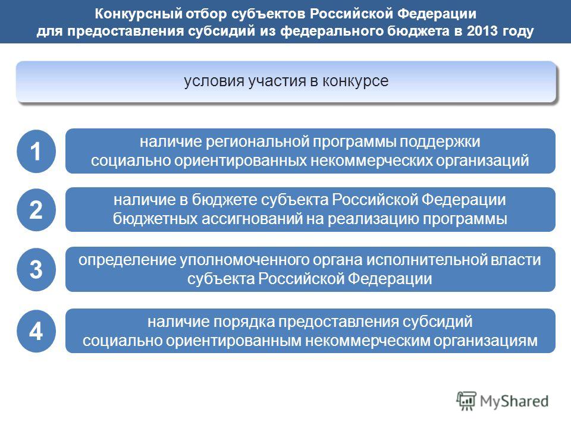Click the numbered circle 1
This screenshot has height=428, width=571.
point(36,151)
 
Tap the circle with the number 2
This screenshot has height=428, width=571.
point(36,210)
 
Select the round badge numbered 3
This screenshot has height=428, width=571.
point(36,269)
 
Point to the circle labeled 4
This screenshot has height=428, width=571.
point(36,331)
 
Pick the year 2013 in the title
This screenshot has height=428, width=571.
point(482,30)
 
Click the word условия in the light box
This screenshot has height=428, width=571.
point(215,81)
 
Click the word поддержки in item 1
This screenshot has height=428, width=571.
point(440,142)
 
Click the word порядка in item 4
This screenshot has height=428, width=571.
point(244,322)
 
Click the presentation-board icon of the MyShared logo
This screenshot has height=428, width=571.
point(466,401)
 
